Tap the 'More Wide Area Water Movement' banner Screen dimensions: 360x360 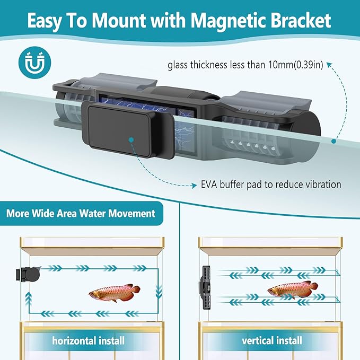pyautogui.click(x=81, y=214)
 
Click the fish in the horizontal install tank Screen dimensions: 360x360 pyautogui.click(x=115, y=291)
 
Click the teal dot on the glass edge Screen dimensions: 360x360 pyautogui.click(x=333, y=141)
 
